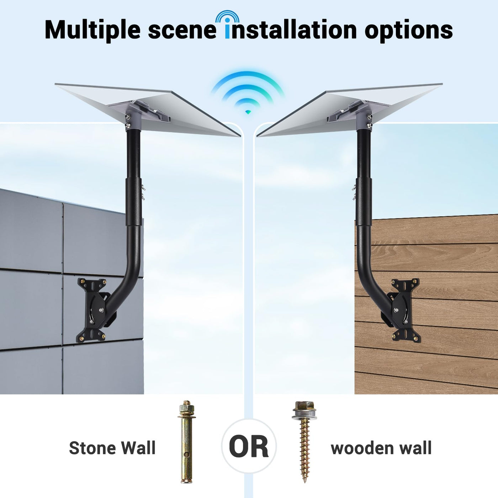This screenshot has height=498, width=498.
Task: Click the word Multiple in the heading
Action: (92, 30)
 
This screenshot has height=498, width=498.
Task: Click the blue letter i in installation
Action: (227, 29)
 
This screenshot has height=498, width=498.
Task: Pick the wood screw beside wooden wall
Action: (305, 438)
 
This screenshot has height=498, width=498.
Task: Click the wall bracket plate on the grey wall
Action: (92, 310)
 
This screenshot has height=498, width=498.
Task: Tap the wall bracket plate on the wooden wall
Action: (405, 310)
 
